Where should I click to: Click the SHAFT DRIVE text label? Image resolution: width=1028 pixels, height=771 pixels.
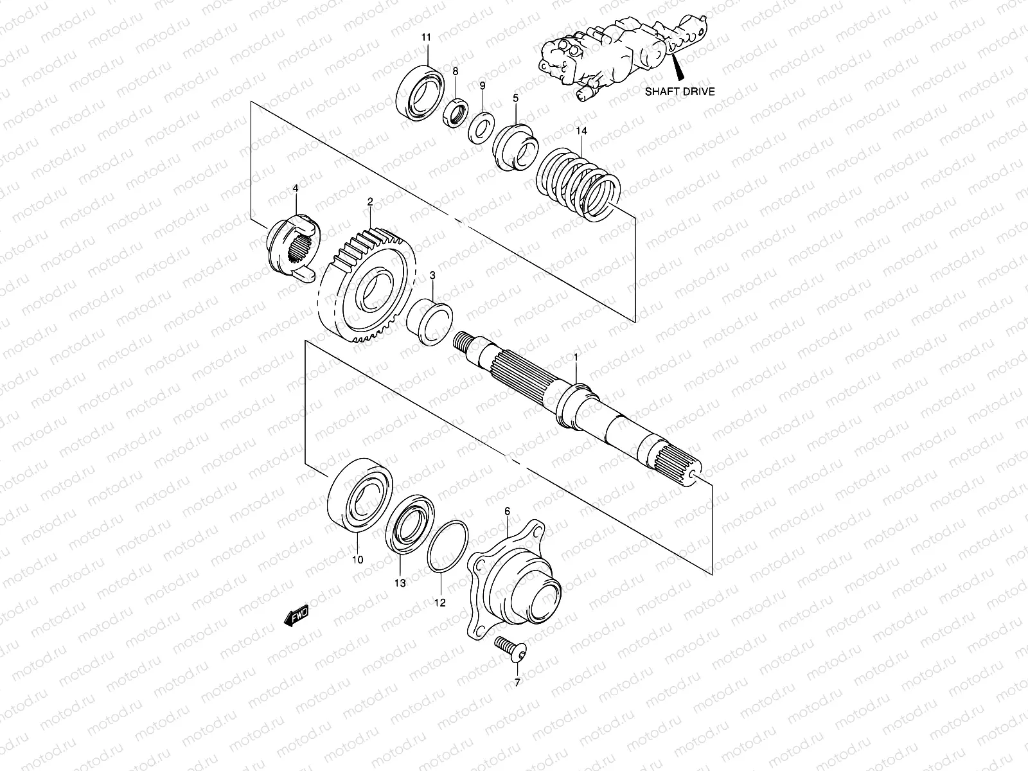pyautogui.click(x=679, y=91)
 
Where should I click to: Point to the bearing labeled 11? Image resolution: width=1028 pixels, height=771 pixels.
pyautogui.click(x=420, y=91)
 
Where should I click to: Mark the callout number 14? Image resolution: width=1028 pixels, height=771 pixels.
pyautogui.click(x=581, y=131)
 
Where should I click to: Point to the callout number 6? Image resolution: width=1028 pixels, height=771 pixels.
pyautogui.click(x=507, y=511)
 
